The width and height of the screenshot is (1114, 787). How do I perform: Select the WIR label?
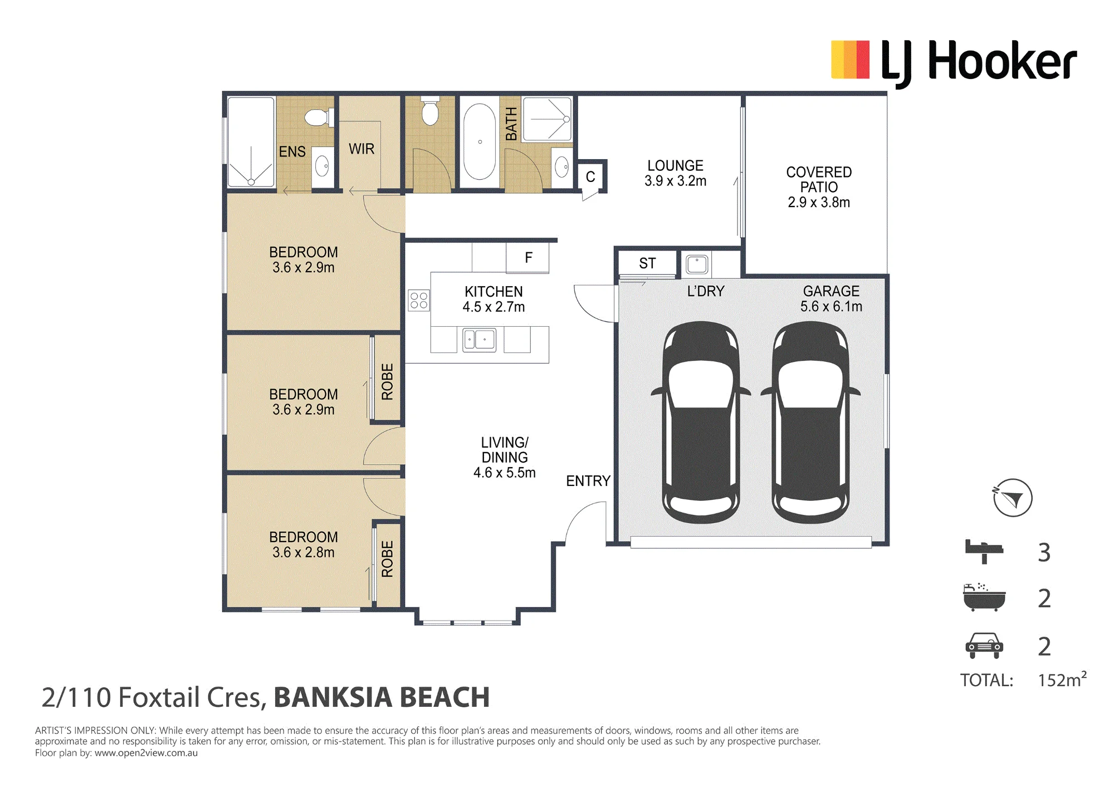point(361,149)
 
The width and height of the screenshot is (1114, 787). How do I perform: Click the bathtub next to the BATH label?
point(480,141)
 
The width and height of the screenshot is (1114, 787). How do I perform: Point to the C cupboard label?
point(590,177)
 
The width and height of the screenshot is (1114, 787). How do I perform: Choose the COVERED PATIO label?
point(819,187)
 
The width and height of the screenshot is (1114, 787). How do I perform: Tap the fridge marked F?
point(527,258)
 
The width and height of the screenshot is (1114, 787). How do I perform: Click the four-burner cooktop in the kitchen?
point(419,301)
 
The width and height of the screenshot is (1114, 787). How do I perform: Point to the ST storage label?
point(647,263)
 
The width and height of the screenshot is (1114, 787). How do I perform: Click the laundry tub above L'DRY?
point(696,264)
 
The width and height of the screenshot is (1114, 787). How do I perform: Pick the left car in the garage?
point(701,422)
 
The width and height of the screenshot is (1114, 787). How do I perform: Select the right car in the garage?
point(810,422)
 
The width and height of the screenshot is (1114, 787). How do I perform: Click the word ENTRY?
point(588,481)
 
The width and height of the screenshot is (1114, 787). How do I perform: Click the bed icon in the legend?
point(984,552)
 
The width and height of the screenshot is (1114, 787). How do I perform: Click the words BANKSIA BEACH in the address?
point(382,697)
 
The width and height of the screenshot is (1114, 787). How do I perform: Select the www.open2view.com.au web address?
point(146,753)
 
